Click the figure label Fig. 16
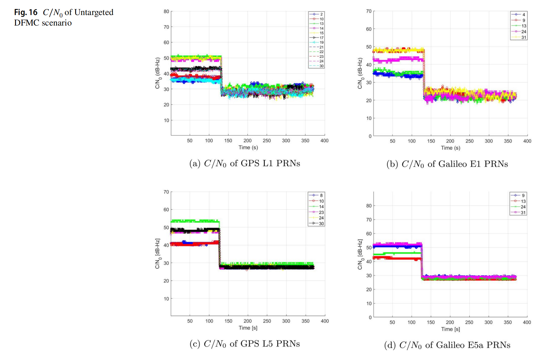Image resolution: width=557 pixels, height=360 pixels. click(26, 12)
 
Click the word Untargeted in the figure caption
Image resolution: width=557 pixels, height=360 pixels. click(94, 12)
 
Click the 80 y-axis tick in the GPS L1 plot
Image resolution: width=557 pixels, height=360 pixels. click(166, 11)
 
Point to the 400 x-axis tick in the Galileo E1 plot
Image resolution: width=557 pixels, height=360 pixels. click(527, 141)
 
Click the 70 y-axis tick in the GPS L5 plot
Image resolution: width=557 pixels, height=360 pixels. click(166, 192)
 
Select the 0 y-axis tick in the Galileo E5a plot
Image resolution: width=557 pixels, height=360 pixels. click(370, 317)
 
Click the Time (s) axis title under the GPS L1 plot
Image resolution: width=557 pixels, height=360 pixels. click(248, 148)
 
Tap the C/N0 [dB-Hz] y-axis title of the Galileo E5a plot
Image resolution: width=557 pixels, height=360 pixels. click(360, 254)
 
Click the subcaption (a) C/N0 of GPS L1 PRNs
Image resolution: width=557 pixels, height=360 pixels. click(245, 163)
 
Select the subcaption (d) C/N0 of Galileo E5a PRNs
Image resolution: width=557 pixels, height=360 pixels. click(447, 345)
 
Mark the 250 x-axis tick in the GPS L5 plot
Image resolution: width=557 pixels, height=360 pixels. click(267, 321)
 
